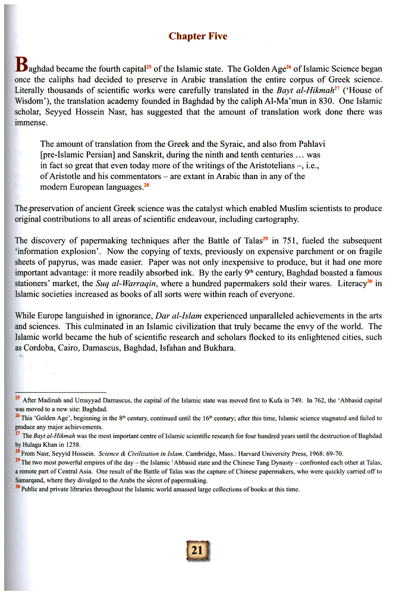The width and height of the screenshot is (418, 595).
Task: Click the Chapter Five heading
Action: point(197,36)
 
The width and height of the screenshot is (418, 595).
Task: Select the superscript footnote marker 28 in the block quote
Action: point(147,185)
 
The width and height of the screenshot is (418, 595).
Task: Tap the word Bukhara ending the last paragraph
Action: point(220,348)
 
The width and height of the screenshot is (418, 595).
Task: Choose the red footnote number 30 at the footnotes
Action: point(18,488)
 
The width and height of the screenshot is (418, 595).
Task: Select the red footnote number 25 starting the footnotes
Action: point(18,400)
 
